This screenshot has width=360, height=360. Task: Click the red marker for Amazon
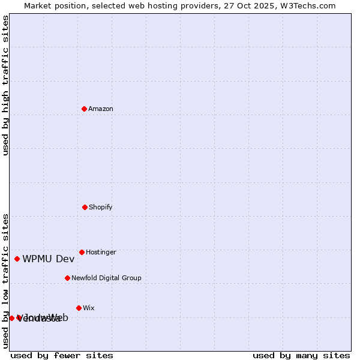tap(84, 109)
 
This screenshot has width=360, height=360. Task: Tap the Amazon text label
tap(101, 109)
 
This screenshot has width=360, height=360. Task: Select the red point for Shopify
tap(85, 207)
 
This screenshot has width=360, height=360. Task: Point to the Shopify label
tap(101, 208)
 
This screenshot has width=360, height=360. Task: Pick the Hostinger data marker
tap(82, 252)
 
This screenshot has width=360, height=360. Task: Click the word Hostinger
tap(101, 253)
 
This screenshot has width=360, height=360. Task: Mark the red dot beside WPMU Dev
tap(17, 259)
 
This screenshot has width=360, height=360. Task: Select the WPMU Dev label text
tap(49, 259)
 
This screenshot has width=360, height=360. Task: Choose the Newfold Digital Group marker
tap(67, 278)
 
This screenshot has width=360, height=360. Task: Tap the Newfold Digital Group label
tap(106, 278)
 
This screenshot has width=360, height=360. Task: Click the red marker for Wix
tap(79, 308)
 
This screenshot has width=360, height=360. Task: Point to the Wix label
tap(89, 308)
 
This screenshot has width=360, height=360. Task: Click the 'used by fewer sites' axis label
tap(62, 355)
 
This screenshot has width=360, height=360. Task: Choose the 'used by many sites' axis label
tap(301, 355)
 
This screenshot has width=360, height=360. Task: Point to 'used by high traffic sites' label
tap(6, 85)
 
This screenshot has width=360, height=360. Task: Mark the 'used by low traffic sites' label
tap(6, 280)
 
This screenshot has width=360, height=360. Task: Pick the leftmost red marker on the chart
tap(11, 318)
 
